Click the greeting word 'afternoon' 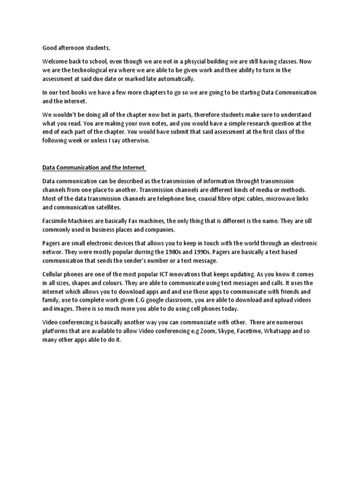(x=72, y=48)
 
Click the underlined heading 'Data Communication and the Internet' (x=94, y=167)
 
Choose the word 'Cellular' (x=54, y=275)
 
